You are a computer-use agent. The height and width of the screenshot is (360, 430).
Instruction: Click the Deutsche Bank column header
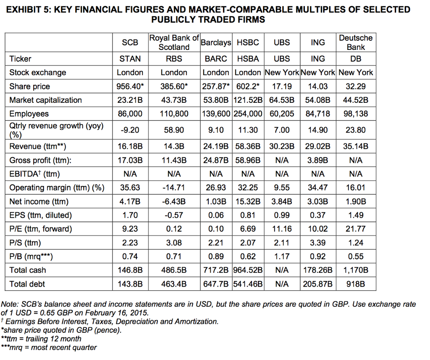(356, 42)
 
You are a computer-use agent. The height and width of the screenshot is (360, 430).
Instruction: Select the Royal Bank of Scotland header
(174, 42)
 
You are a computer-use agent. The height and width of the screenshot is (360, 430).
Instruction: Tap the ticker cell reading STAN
(130, 59)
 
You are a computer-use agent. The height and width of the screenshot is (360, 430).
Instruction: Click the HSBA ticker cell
(248, 59)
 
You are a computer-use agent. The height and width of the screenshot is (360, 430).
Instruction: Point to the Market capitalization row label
(46, 100)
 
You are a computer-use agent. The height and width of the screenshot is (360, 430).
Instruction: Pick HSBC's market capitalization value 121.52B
(248, 100)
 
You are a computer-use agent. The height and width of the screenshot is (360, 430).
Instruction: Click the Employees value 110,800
(174, 114)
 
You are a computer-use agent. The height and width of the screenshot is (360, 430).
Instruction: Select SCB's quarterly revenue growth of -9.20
(130, 130)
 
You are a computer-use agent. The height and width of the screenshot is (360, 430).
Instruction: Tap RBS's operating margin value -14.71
(174, 188)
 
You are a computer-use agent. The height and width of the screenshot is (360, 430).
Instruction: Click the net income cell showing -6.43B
(174, 201)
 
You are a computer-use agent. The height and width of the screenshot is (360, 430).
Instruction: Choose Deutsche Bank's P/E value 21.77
(356, 229)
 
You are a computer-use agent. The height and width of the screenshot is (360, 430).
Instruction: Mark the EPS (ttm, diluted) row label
(41, 215)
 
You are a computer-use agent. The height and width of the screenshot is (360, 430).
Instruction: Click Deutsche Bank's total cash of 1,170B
(356, 270)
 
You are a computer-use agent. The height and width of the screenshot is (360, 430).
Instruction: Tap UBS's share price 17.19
(281, 86)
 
